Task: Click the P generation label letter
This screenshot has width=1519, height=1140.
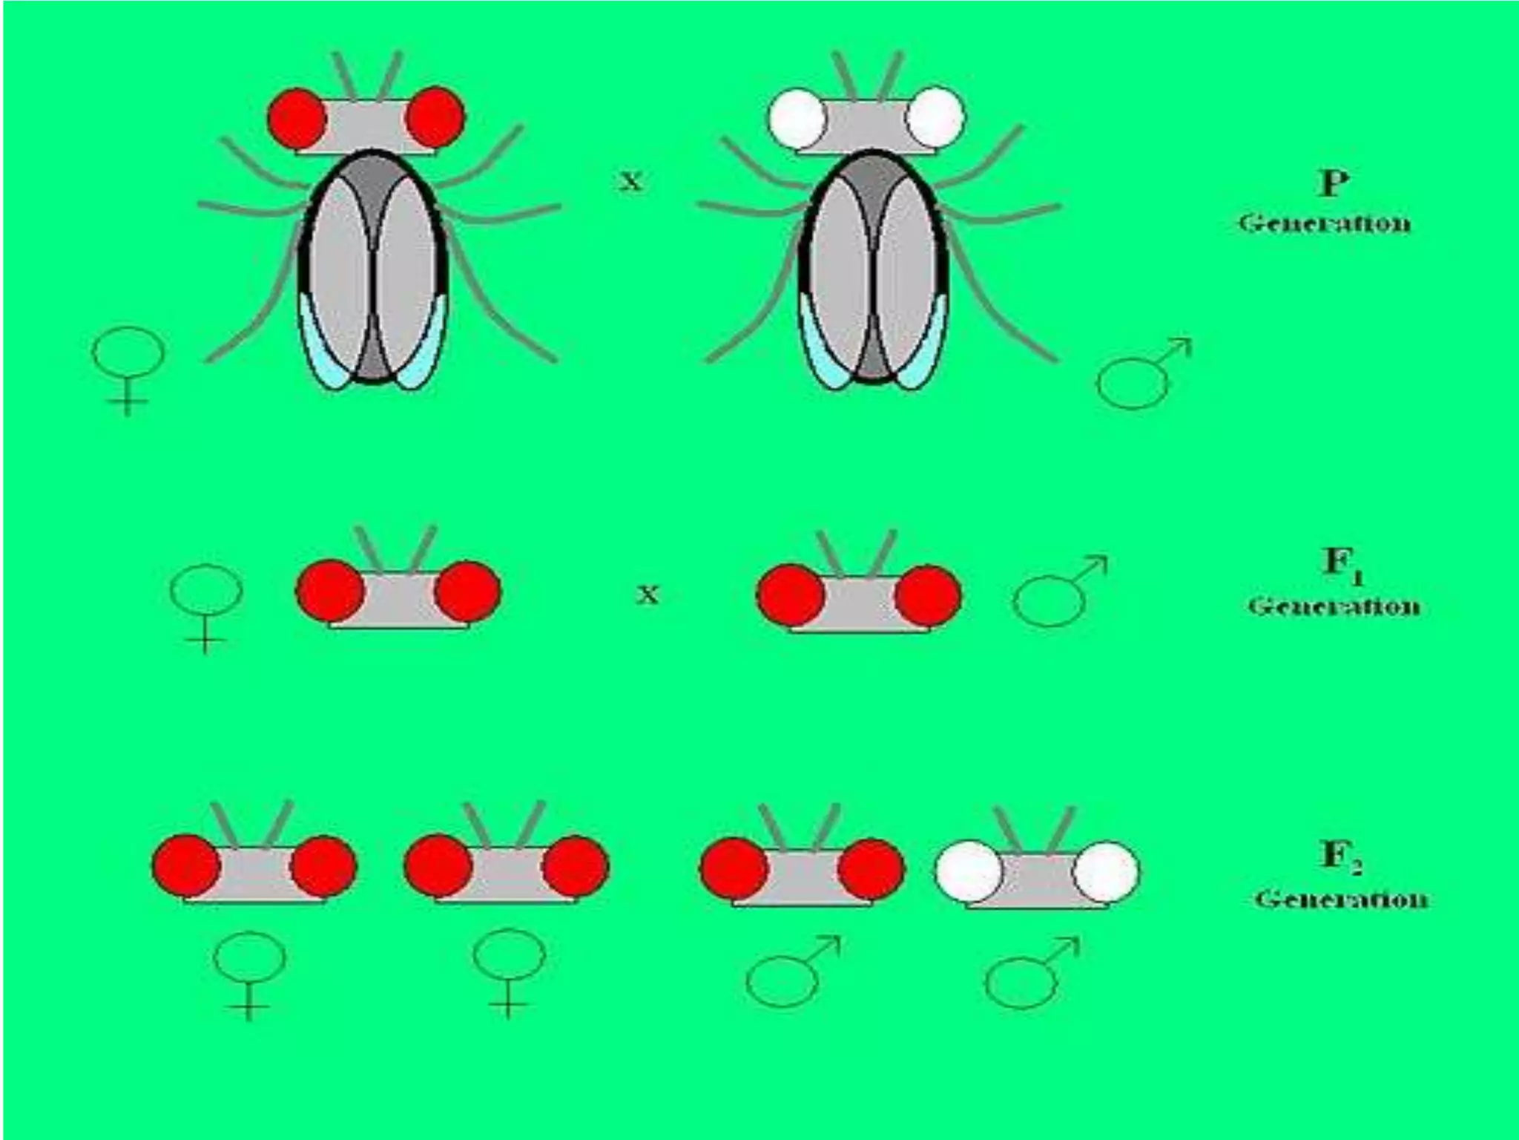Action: pos(1333,183)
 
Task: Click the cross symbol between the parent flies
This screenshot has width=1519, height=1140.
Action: pos(630,180)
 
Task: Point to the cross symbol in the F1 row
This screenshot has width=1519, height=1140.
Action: pos(648,594)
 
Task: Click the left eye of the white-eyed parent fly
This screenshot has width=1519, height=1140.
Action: pos(797,119)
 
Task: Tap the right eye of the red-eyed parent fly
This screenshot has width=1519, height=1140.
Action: pos(435,117)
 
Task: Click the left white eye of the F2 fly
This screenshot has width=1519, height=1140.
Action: pos(969,871)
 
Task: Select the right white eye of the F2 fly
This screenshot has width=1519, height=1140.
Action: pos(1105,871)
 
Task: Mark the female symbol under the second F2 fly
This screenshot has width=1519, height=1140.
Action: pos(509,972)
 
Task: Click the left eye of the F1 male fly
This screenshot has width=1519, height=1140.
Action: pos(791,595)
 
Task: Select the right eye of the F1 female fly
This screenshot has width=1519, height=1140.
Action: pos(467,592)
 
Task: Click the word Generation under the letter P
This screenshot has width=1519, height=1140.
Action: pos(1325,223)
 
